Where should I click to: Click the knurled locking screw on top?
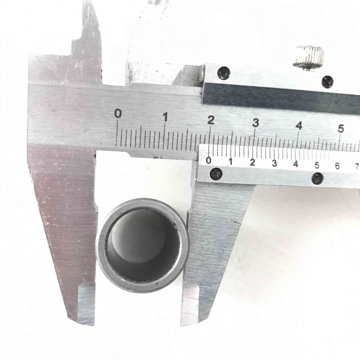pos(309,58)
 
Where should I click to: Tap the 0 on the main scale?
pos(118,114)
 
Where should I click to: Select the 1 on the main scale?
pos(165,117)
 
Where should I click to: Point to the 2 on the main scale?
pos(211,120)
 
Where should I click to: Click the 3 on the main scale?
pos(255,123)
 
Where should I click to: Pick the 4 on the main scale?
pos(299,126)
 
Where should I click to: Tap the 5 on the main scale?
pos(341,129)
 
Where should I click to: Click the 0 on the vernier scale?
pos(209,160)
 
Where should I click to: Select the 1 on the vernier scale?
pos(231,162)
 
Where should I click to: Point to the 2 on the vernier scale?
pos(253,163)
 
